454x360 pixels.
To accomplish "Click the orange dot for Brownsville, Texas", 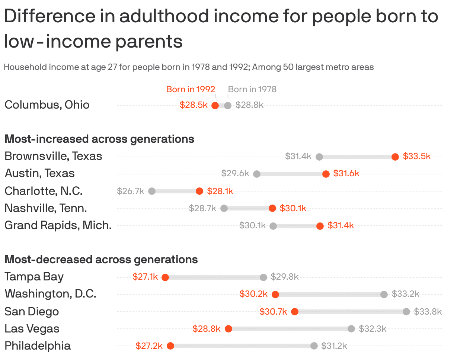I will pyautogui.click(x=395, y=157).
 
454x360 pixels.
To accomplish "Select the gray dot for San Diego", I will pyautogui.click(x=406, y=312).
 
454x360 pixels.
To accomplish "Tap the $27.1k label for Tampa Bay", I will pyautogui.click(x=145, y=277).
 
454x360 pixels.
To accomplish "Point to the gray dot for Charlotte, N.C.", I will pyautogui.click(x=152, y=191).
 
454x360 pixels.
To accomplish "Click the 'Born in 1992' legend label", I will pyautogui.click(x=191, y=89).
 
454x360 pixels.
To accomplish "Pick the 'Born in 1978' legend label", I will pyautogui.click(x=252, y=89).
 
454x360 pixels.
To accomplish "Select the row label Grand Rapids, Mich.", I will pyautogui.click(x=58, y=225).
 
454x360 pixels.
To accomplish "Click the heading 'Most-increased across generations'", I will pyautogui.click(x=99, y=139).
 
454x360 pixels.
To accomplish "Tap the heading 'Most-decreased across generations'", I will pyautogui.click(x=101, y=259).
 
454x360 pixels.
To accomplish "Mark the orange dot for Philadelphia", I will pyautogui.click(x=170, y=346).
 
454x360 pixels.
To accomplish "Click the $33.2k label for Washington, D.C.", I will pyautogui.click(x=405, y=294).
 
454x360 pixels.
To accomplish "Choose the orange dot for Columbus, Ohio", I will pyautogui.click(x=215, y=106).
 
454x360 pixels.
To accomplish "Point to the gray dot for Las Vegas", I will pyautogui.click(x=351, y=329).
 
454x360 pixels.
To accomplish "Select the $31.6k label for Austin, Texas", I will pyautogui.click(x=346, y=174).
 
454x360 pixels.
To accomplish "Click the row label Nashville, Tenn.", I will pyautogui.click(x=46, y=208).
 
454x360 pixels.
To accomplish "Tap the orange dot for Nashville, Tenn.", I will pyautogui.click(x=272, y=208).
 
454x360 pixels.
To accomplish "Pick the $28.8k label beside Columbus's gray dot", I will pyautogui.click(x=249, y=105).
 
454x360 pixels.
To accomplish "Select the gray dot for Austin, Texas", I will pyautogui.click(x=257, y=174).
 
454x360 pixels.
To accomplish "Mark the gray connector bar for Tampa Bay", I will pyautogui.click(x=214, y=277).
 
